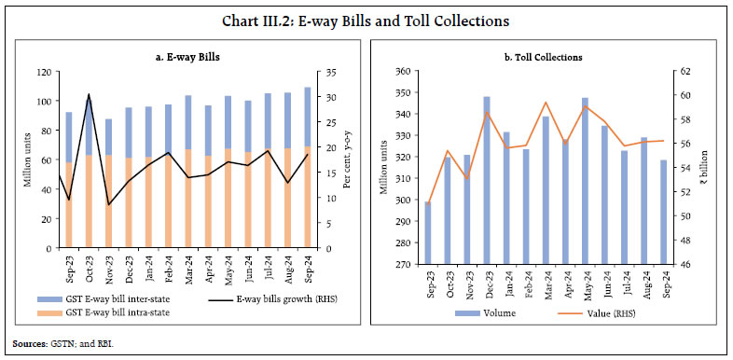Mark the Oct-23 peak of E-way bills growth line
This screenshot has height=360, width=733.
89,95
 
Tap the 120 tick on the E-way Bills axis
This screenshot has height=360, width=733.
42,72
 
